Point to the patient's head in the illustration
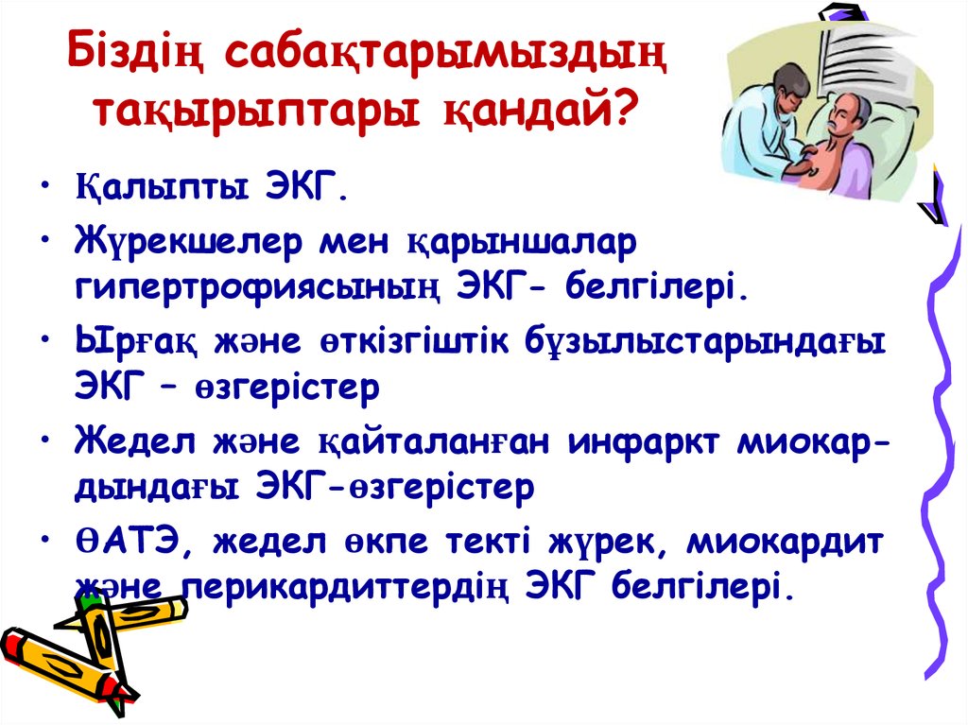(x=849, y=117)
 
